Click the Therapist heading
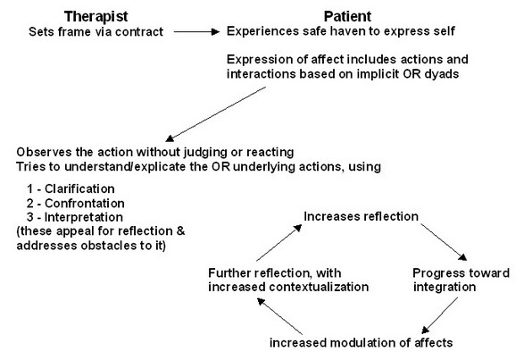click(x=96, y=17)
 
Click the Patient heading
click(x=347, y=16)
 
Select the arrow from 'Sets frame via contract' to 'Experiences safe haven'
click(x=196, y=32)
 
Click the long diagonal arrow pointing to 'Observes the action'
click(x=216, y=114)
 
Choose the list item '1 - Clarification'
click(x=71, y=188)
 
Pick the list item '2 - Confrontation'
click(x=75, y=204)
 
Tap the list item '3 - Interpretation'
click(x=75, y=217)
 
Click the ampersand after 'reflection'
click(x=180, y=231)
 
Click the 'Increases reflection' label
click(x=361, y=217)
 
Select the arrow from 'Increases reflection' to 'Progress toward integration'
click(x=444, y=242)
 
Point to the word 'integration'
click(x=445, y=288)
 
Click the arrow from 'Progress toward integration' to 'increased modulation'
click(x=440, y=315)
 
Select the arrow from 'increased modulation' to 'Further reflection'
click(x=279, y=316)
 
